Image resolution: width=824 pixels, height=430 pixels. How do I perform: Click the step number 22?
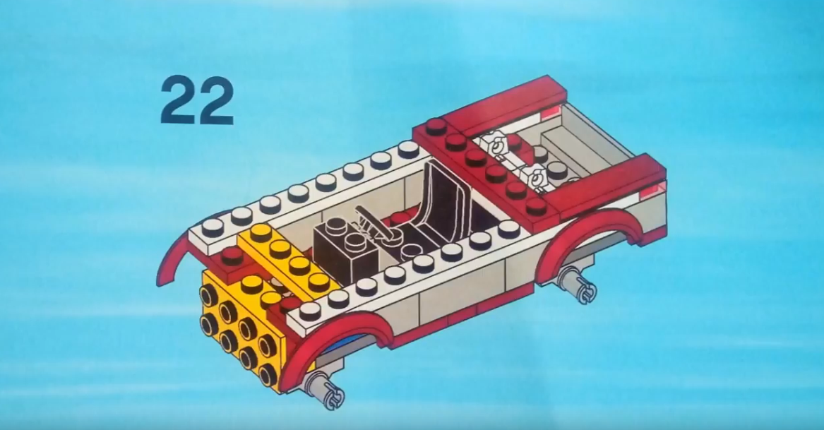197,100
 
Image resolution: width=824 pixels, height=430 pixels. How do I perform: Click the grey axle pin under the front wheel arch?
325,390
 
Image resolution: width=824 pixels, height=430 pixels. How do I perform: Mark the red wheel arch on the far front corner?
174,258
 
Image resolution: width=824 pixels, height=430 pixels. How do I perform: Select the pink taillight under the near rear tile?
652,191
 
